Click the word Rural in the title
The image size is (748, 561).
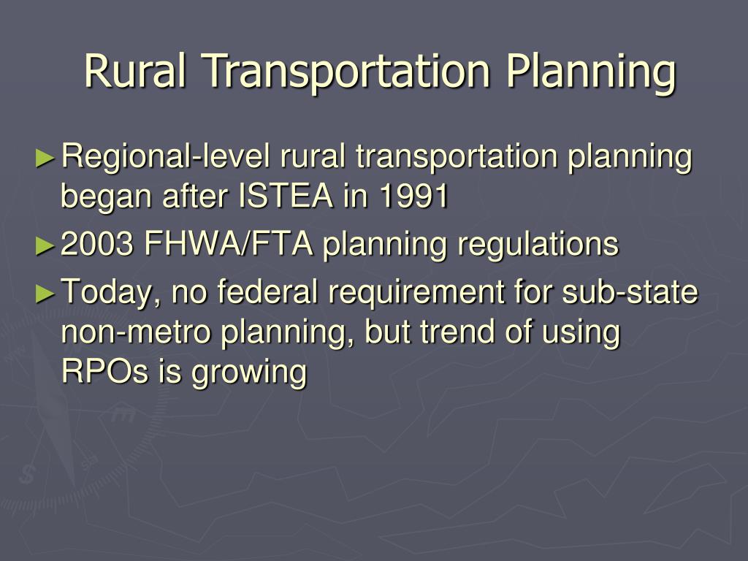click(x=136, y=72)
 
